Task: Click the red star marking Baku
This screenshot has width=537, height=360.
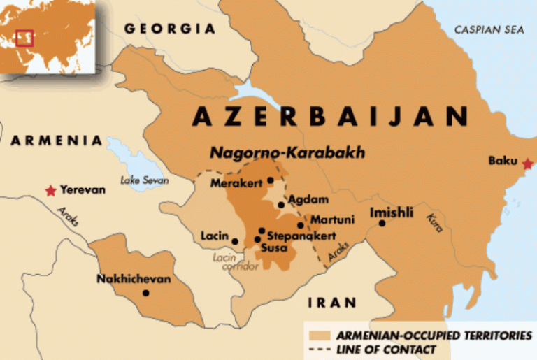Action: [527, 164]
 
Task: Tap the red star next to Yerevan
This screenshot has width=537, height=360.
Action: [50, 190]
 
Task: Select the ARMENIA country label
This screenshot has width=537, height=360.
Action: [56, 141]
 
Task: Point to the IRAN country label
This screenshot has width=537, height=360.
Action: [331, 303]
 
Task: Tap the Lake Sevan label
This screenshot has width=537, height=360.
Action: [145, 180]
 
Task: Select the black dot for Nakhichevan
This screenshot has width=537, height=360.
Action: [145, 293]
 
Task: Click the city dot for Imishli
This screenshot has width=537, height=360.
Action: [382, 224]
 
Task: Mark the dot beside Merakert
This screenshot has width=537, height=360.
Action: [270, 180]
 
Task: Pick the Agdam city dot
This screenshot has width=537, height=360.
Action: [281, 206]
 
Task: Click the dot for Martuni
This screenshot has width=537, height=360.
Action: [301, 225]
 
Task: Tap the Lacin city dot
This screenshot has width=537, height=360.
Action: [235, 242]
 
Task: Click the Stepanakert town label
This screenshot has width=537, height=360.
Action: [301, 236]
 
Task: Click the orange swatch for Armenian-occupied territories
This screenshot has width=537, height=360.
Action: [321, 336]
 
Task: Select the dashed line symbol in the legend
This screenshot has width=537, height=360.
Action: [321, 349]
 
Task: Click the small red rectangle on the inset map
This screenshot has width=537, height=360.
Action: [24, 38]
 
